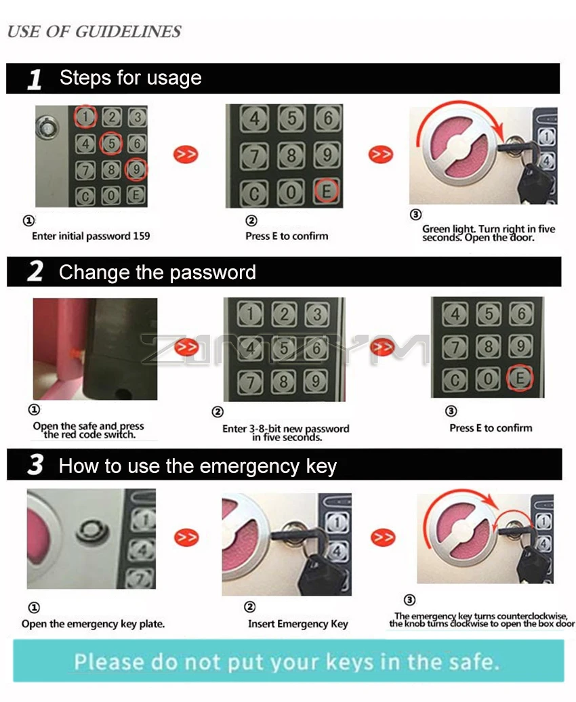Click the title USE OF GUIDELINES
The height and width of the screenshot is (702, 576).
click(94, 31)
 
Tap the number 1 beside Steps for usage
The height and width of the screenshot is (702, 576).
click(35, 79)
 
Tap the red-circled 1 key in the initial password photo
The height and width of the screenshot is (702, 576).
click(85, 117)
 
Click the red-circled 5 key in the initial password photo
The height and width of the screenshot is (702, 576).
click(111, 143)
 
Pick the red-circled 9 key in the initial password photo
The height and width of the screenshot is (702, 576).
click(136, 169)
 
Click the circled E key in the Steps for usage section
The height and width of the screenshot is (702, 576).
click(326, 190)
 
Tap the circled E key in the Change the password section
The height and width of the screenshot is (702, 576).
click(520, 378)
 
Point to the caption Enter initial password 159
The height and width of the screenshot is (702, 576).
click(91, 236)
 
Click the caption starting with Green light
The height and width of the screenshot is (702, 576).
click(489, 233)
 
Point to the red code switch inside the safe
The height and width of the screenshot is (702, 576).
click(76, 354)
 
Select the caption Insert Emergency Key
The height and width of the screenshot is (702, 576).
click(298, 623)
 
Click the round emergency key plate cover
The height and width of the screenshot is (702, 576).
click(93, 532)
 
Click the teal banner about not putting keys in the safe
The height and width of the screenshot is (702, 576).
click(288, 661)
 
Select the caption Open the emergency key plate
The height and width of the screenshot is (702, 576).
click(93, 623)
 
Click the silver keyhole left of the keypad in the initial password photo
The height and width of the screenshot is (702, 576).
click(47, 128)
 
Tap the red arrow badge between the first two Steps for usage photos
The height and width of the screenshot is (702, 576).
click(186, 154)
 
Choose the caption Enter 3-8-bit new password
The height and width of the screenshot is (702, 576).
click(286, 432)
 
